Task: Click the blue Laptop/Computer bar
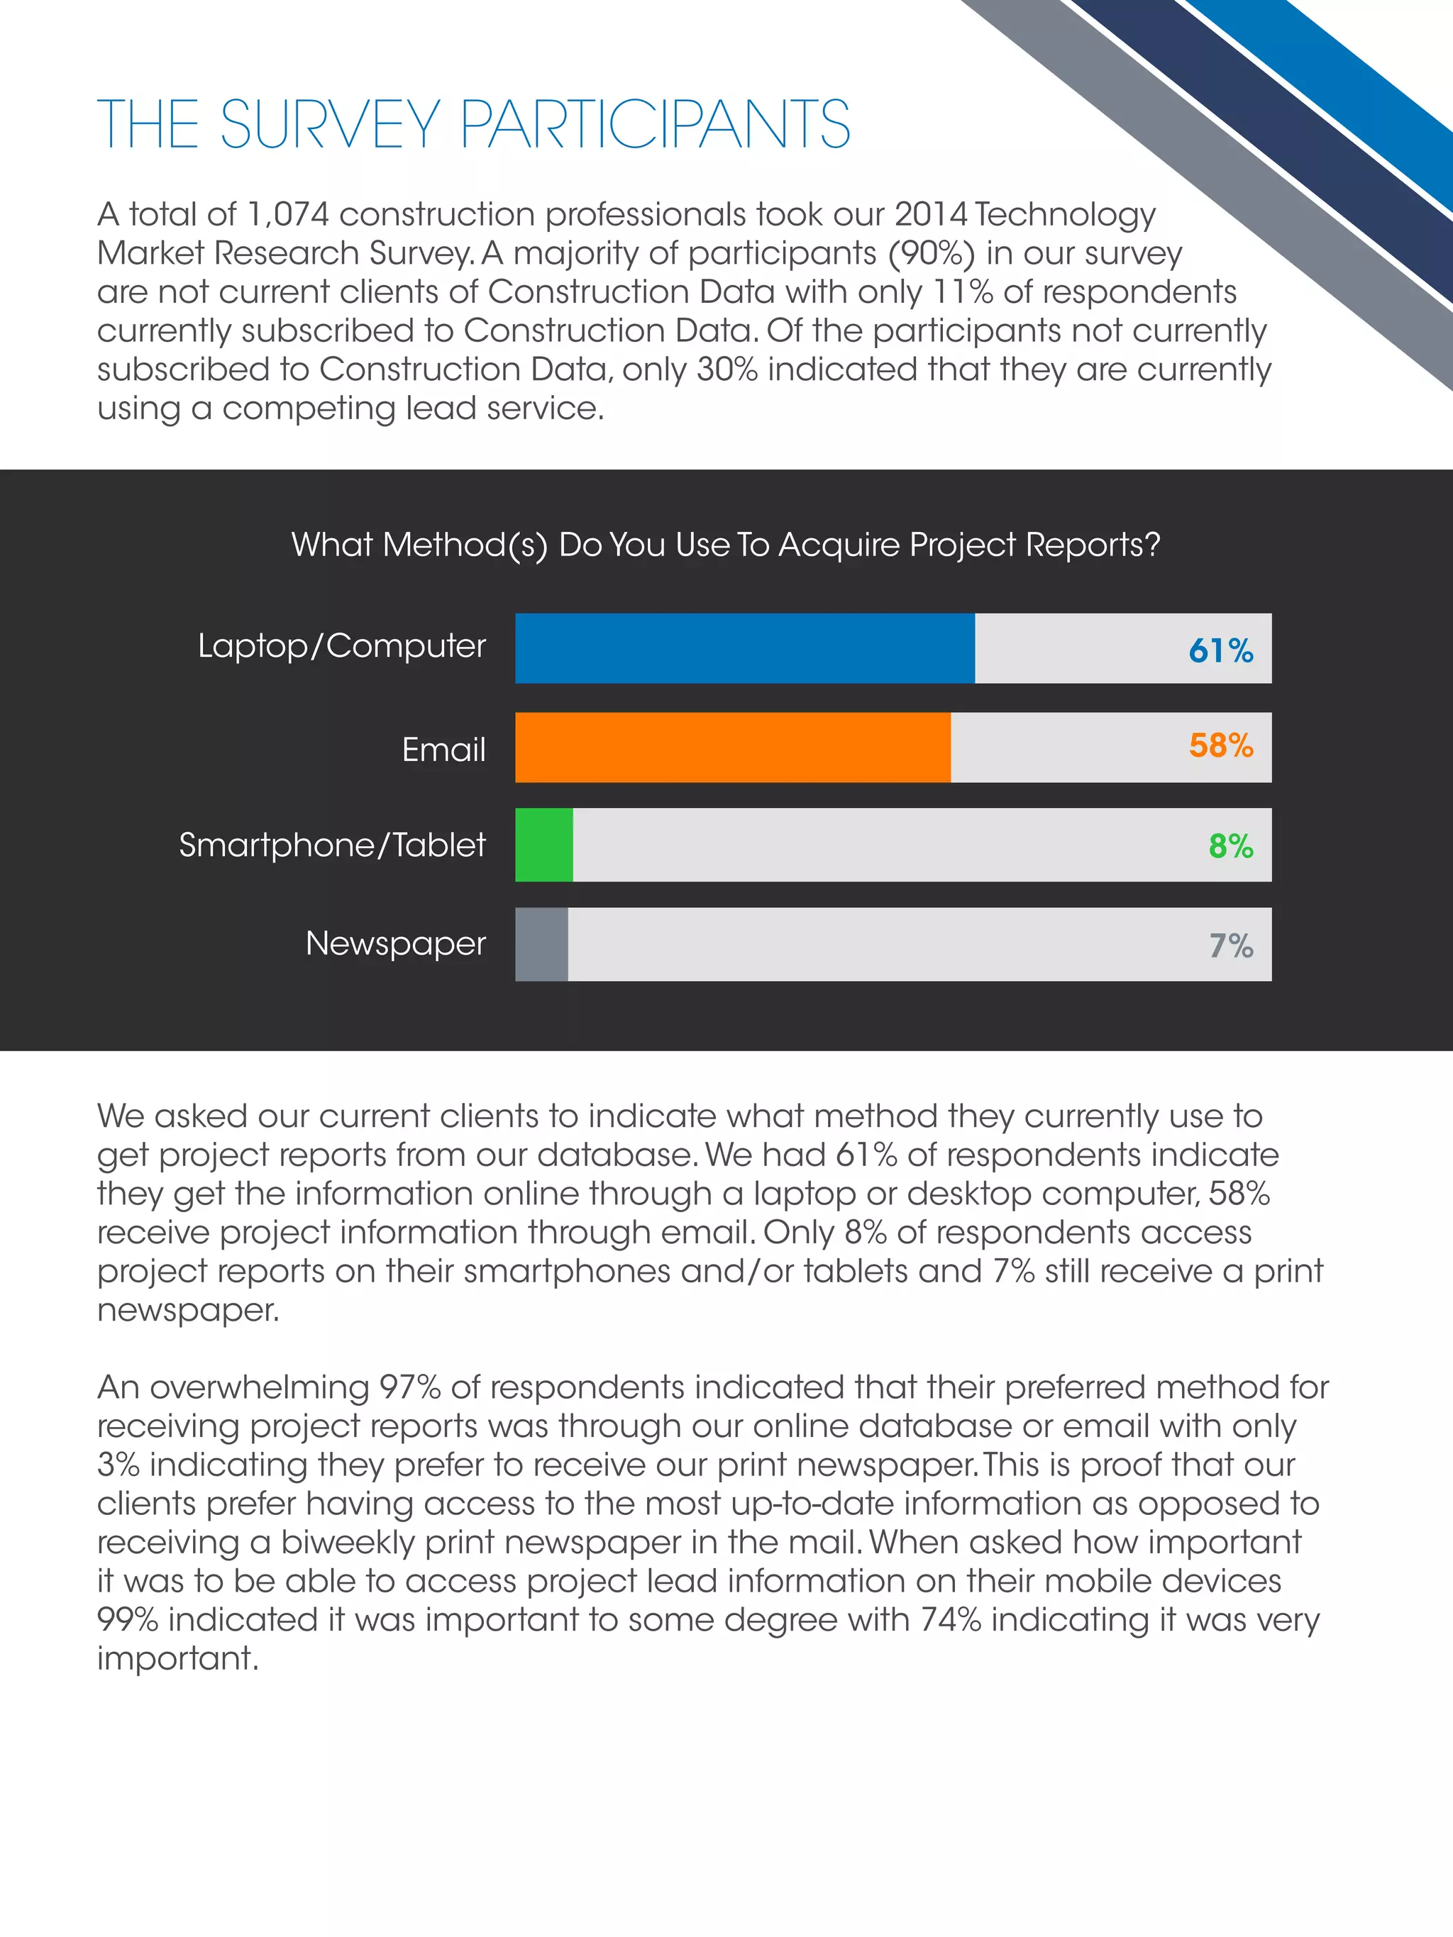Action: [744, 648]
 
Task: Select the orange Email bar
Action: [732, 747]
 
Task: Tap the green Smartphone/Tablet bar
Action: [544, 845]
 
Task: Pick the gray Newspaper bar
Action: [541, 944]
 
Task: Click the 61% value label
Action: [1220, 650]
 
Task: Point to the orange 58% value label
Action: [1220, 745]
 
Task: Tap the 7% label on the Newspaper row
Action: [1230, 945]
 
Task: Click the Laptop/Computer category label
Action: [341, 646]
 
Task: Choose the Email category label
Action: [443, 750]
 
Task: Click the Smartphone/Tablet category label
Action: [332, 845]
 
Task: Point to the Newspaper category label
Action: [395, 944]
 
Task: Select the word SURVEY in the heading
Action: [330, 124]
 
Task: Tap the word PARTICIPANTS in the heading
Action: [654, 124]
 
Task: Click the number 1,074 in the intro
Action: [287, 214]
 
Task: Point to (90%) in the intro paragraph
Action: [932, 253]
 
